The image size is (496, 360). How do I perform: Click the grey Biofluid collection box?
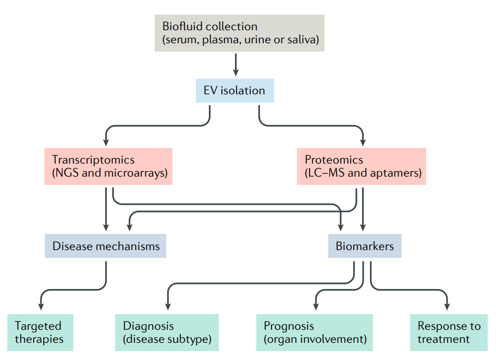240,33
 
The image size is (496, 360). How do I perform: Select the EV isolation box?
234,91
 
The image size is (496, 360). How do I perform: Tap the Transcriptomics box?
108,166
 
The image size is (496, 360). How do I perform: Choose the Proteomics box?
362,166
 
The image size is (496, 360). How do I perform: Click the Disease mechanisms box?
105,246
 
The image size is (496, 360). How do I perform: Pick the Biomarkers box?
365,246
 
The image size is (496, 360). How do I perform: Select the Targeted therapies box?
40,332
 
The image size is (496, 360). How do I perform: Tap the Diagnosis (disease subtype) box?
167,332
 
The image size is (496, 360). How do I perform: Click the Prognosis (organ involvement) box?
315,332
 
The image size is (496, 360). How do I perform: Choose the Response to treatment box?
449,332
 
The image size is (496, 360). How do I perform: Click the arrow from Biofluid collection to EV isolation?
235,65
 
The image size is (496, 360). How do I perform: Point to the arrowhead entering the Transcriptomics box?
106,142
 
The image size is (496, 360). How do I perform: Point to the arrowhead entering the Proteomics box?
363,142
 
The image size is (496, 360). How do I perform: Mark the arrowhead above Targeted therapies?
41,306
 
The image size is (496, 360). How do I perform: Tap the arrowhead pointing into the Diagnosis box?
168,306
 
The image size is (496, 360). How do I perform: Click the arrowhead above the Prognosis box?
316,306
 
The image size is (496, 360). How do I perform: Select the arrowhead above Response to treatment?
447,306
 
